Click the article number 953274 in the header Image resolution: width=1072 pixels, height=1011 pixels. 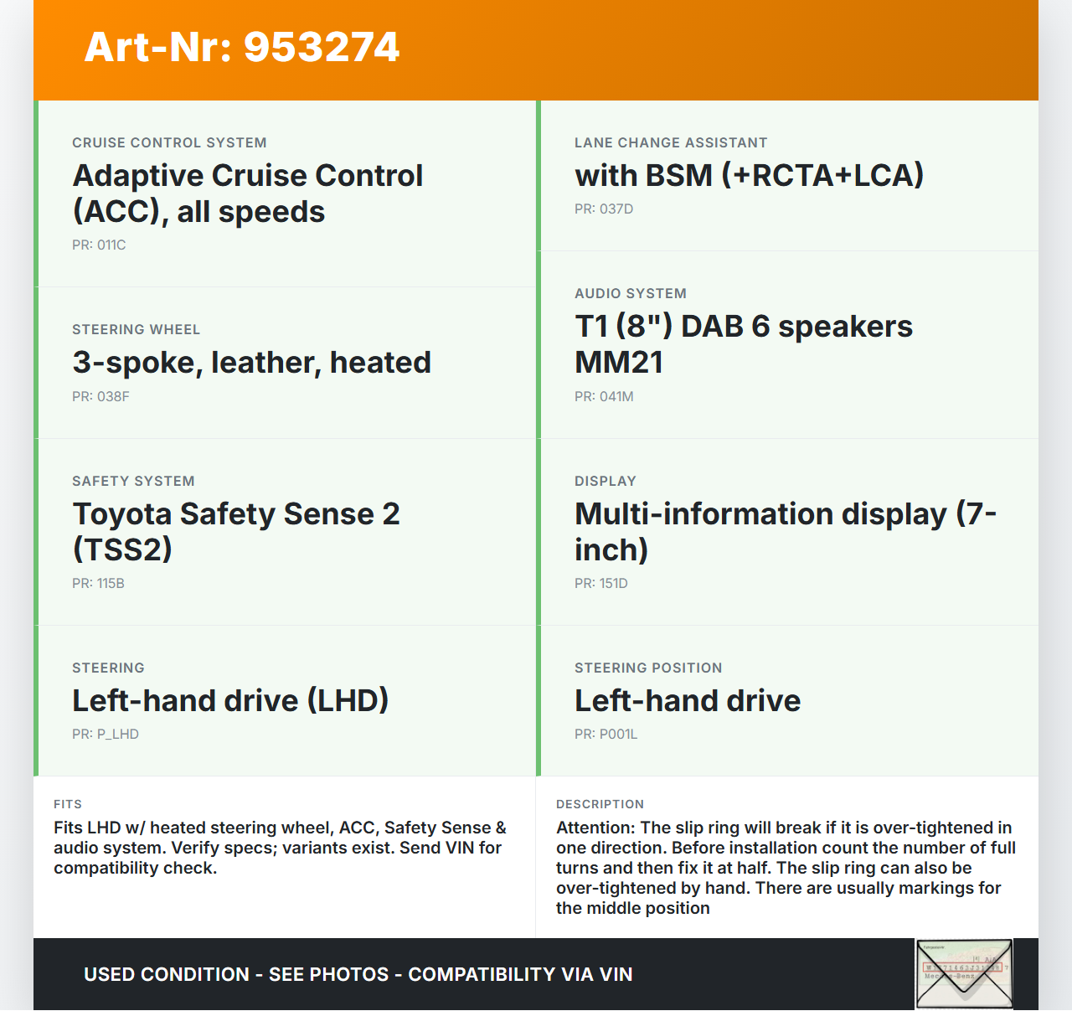(x=322, y=47)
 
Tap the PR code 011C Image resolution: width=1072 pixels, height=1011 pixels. (x=111, y=245)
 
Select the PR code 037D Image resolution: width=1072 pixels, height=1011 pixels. (x=616, y=209)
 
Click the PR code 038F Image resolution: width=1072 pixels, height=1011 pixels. (x=112, y=397)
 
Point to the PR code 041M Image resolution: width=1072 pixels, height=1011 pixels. (x=616, y=397)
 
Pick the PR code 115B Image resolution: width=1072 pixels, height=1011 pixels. (x=110, y=584)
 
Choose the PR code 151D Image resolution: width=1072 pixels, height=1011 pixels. (x=613, y=584)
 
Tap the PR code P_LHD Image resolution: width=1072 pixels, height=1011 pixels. (x=117, y=735)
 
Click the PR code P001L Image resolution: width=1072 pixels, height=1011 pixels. (x=618, y=735)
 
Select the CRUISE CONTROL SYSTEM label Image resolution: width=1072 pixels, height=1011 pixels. (x=169, y=143)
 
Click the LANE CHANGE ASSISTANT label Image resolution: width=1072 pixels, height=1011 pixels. (x=671, y=143)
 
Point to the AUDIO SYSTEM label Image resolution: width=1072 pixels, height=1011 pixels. (x=631, y=294)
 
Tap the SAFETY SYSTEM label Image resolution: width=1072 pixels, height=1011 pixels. (x=133, y=482)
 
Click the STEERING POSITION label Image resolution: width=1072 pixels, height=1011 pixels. (x=648, y=668)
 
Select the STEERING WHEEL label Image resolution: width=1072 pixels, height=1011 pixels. (x=136, y=330)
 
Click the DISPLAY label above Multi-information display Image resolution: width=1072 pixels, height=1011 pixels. (x=606, y=482)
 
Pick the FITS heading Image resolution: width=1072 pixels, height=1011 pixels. (x=68, y=804)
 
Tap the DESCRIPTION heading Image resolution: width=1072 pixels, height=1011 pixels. (x=600, y=804)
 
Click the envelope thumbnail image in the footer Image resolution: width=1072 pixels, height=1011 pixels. (x=964, y=973)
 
